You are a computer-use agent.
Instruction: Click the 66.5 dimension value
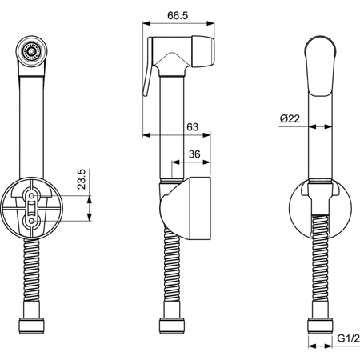click(178, 15)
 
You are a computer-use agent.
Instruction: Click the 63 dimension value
click(192, 127)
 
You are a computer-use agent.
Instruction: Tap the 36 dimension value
click(194, 154)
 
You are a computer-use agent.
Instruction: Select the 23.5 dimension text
click(82, 179)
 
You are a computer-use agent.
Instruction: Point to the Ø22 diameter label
click(290, 118)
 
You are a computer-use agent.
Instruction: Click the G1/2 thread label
click(348, 338)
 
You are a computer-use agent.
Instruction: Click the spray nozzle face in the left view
click(32, 51)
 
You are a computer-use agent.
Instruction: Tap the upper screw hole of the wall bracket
click(32, 196)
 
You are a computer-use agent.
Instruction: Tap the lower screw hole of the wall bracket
click(32, 221)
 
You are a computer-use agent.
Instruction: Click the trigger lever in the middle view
click(147, 66)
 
